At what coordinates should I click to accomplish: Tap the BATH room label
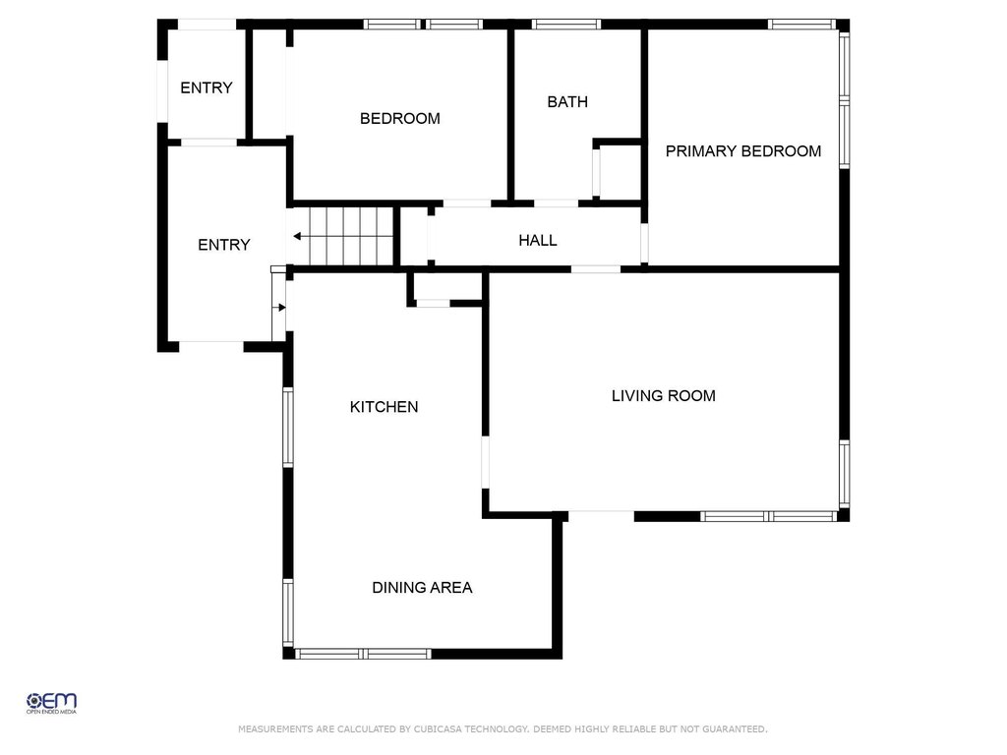pos(567,101)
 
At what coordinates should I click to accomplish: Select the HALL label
pos(538,240)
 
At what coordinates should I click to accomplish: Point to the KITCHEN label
pos(385,406)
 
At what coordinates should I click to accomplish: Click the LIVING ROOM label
pos(664,395)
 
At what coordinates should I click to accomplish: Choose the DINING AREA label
pos(422,588)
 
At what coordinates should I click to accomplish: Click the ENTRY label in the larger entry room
pos(223,245)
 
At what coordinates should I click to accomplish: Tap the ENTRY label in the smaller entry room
pos(207,87)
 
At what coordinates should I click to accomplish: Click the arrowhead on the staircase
pos(297,236)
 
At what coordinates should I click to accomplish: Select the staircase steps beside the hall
pos(351,236)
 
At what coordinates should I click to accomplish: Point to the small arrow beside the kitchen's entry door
pos(279,308)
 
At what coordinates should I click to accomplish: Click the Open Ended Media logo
pos(51,703)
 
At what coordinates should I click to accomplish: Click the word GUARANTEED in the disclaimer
pos(734,728)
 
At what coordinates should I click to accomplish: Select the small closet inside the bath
pos(621,171)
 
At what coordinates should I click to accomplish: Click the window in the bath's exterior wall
pos(565,25)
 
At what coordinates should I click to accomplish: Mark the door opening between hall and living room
pos(595,269)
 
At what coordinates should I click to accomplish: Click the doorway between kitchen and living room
pos(486,462)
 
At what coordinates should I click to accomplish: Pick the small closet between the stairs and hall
pos(414,236)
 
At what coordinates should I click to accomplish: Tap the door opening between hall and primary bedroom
pos(644,243)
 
